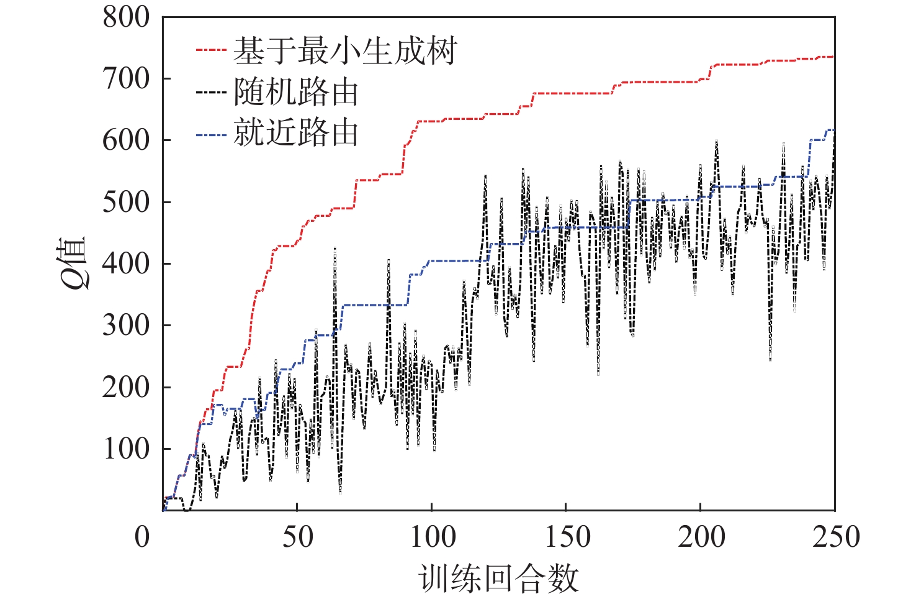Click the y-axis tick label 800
click(x=126, y=17)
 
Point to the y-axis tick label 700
click(x=126, y=79)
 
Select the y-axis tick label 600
click(x=126, y=140)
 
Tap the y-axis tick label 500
click(x=126, y=202)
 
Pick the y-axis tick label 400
click(x=126, y=263)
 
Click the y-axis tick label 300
click(x=126, y=325)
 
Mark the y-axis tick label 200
click(x=126, y=387)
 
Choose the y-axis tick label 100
click(x=126, y=449)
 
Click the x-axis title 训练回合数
click(x=498, y=578)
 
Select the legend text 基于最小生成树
click(x=345, y=50)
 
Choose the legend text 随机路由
click(x=296, y=93)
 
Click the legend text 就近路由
click(x=296, y=133)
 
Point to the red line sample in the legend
click(x=211, y=50)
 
